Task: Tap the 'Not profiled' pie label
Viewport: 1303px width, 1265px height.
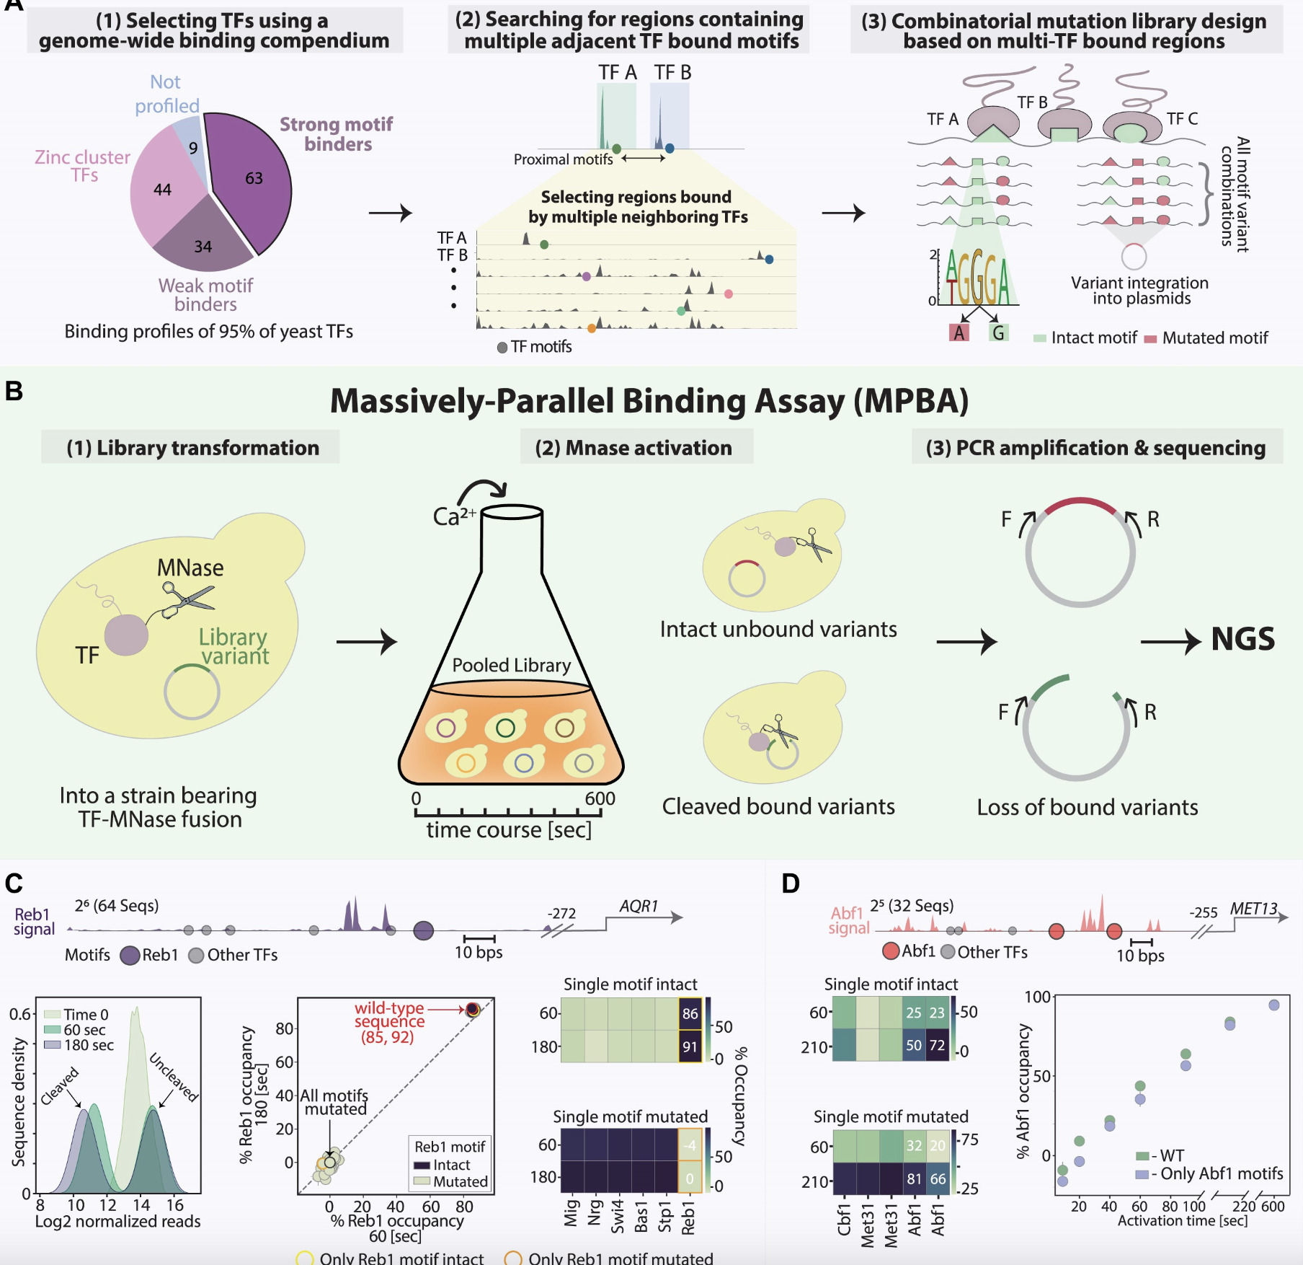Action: click(166, 94)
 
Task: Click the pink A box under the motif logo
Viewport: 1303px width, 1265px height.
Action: click(959, 332)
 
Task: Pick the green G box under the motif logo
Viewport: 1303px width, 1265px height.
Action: click(998, 332)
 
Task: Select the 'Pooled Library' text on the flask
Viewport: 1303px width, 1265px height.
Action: click(511, 665)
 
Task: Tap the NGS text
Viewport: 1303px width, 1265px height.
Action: click(1242, 639)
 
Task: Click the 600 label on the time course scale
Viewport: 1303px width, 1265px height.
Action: click(600, 798)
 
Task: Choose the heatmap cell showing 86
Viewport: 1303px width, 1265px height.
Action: click(690, 1013)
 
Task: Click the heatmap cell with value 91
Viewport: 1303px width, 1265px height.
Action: click(690, 1046)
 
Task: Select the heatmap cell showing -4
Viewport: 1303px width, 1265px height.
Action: click(690, 1145)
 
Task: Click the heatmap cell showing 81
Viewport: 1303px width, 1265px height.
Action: click(914, 1178)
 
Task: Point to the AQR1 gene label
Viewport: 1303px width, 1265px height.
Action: click(639, 906)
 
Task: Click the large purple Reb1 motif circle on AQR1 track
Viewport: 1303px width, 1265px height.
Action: click(424, 930)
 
